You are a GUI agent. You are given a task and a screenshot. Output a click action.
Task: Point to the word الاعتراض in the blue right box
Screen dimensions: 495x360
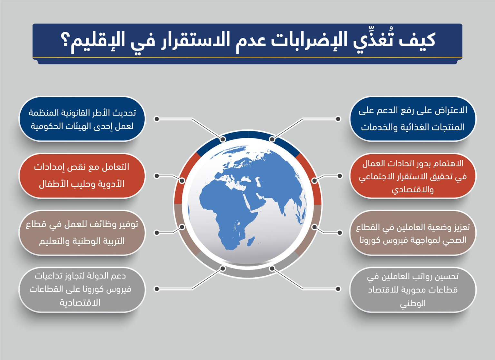451,110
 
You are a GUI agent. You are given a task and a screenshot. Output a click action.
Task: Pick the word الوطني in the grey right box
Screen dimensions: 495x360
412,304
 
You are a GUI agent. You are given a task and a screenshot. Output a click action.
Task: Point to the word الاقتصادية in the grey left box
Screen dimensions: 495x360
80,302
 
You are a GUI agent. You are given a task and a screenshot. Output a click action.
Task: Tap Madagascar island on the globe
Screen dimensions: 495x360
251,241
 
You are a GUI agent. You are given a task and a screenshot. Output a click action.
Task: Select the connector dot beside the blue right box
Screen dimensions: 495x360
338,119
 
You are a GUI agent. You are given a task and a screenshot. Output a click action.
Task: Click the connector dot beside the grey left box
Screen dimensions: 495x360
157,289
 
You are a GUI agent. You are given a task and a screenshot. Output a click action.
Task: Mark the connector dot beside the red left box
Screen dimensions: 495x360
157,176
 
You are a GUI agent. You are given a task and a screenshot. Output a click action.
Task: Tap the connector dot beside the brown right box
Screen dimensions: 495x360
340,232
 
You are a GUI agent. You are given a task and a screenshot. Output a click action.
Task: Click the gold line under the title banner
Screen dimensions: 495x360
247,57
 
